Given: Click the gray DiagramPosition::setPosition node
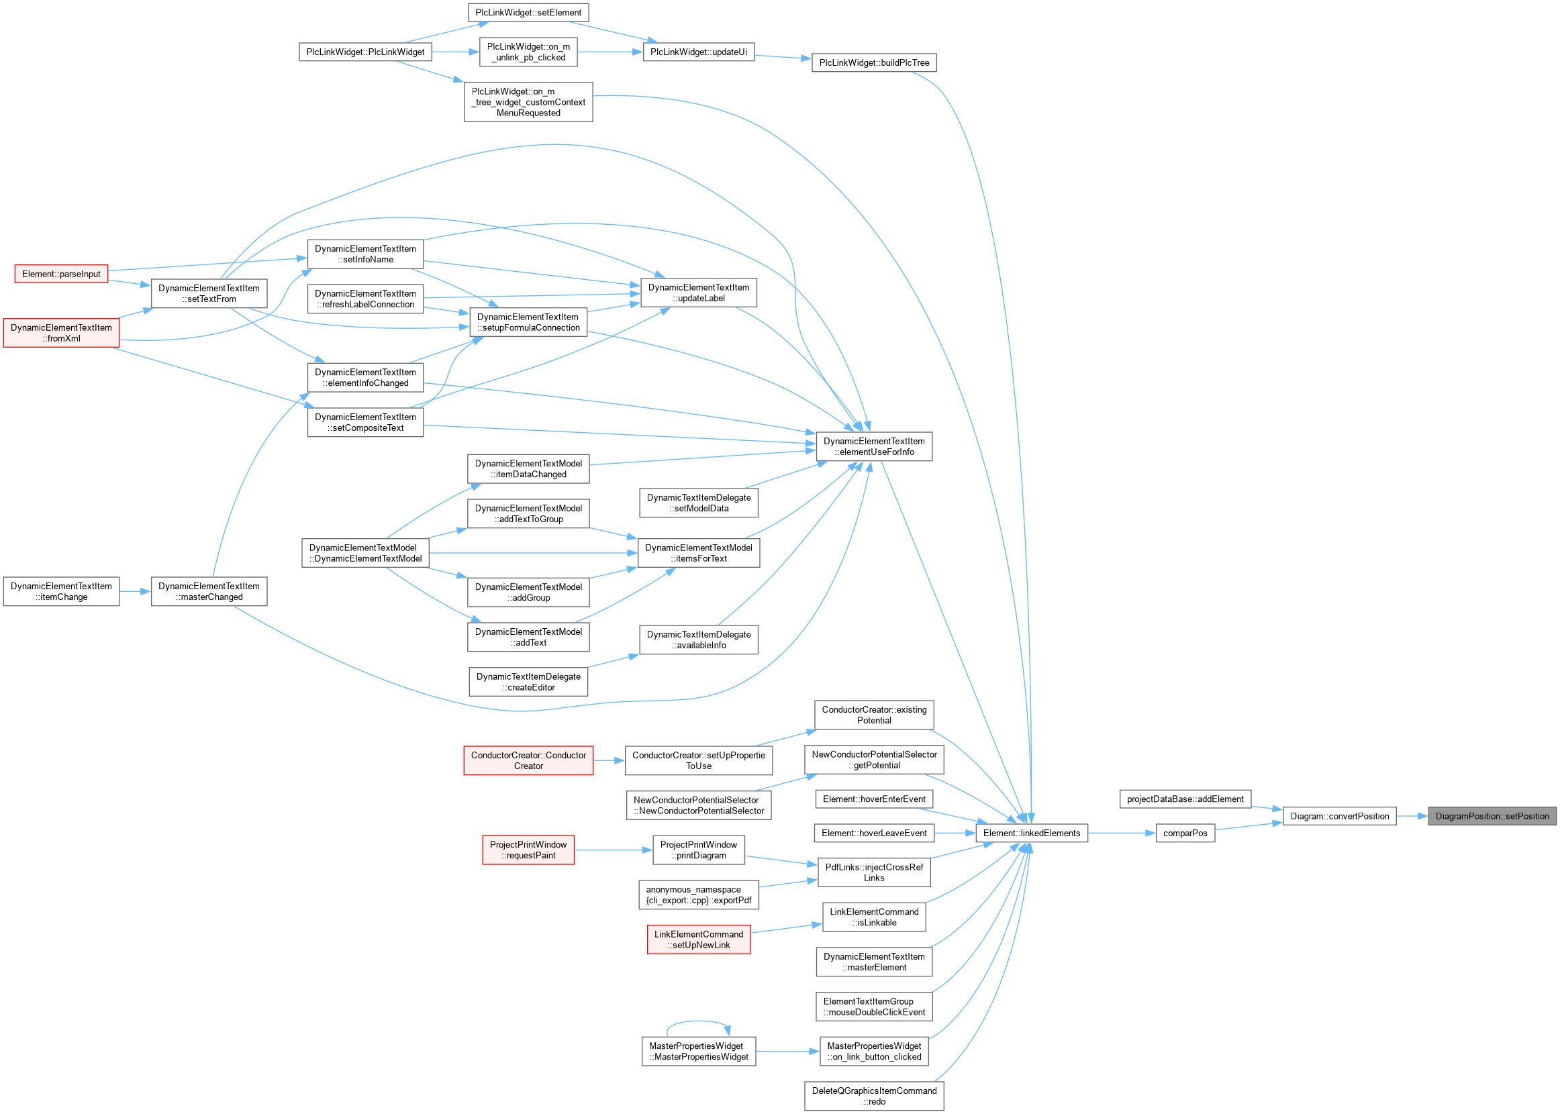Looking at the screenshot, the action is [1492, 816].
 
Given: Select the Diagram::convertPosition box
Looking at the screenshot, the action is [1339, 816].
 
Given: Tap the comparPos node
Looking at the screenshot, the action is [1185, 833].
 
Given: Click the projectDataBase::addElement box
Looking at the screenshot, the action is [1185, 799].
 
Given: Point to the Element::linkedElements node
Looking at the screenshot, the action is [1031, 833].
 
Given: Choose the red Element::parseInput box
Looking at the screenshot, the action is [61, 274].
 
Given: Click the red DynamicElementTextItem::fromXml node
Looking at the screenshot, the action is [61, 334].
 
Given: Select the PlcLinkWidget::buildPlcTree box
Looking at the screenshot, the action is [874, 63].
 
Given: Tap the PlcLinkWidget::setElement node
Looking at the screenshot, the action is [528, 13].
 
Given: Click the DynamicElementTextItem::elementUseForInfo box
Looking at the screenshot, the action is [874, 446].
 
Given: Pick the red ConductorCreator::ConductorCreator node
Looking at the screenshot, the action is [528, 761].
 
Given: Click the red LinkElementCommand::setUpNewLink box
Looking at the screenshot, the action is [698, 940].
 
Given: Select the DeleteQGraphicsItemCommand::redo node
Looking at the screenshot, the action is [874, 1096].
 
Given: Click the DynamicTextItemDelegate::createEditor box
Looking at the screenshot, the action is [528, 682].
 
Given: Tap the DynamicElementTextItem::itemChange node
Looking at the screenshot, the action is [61, 591].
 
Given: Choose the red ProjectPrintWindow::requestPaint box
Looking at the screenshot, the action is [528, 850].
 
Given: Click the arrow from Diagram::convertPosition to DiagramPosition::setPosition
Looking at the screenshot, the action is [1412, 816].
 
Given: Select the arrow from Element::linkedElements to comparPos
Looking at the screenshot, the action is [1122, 833].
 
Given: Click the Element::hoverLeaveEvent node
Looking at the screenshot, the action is [874, 833].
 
